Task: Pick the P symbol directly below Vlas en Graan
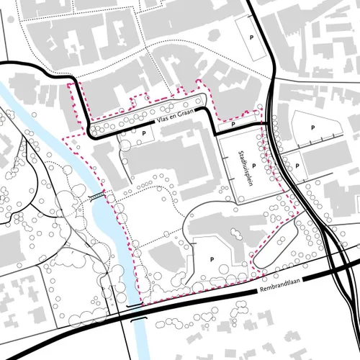coord(144,133)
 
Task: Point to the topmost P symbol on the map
coord(251,36)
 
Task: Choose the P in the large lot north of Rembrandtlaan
coord(212,257)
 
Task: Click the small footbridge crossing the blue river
coord(98,195)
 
